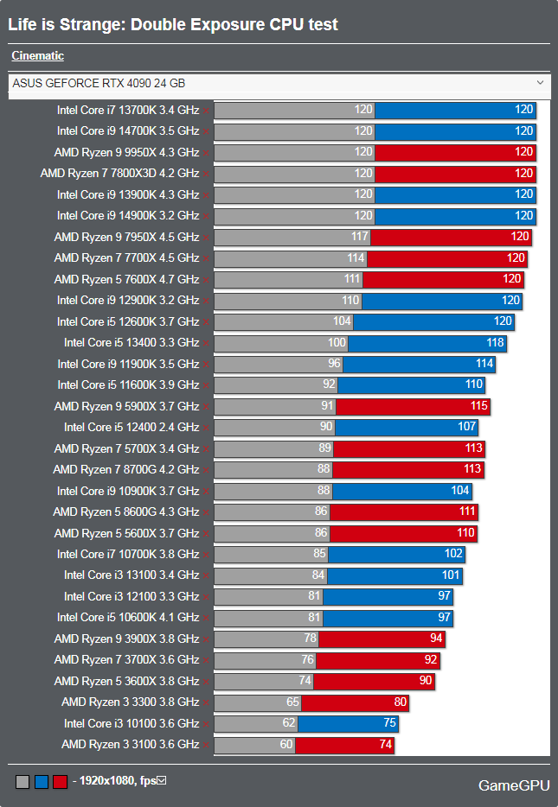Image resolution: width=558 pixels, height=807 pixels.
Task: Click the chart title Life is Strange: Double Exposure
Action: tap(173, 25)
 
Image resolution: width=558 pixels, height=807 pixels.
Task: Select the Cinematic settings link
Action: tap(37, 56)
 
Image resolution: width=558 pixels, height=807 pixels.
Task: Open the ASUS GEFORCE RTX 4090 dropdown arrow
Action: tap(541, 83)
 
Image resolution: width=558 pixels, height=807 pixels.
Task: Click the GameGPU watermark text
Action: tap(514, 785)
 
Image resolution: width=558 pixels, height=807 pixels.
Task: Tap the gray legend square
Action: tap(22, 782)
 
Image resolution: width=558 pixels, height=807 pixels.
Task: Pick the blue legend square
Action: tap(41, 782)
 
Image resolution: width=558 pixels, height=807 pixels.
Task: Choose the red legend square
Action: tap(60, 782)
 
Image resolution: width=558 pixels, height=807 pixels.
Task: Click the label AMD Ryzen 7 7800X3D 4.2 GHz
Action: tap(119, 174)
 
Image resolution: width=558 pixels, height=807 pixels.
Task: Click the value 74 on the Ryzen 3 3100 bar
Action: tap(383, 745)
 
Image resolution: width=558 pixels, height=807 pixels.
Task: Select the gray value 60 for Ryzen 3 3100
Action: tap(286, 745)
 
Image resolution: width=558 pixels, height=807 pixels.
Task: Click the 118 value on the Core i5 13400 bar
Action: tap(496, 343)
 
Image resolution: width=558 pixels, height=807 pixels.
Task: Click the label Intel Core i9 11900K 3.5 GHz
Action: tap(128, 364)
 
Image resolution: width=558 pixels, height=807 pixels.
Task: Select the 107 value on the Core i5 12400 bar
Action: tap(467, 427)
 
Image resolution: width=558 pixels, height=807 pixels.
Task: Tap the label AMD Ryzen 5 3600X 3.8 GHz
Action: tap(126, 682)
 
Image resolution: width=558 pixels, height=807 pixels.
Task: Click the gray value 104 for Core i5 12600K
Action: tap(343, 321)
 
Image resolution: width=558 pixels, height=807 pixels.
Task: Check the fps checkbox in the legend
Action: tap(161, 781)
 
